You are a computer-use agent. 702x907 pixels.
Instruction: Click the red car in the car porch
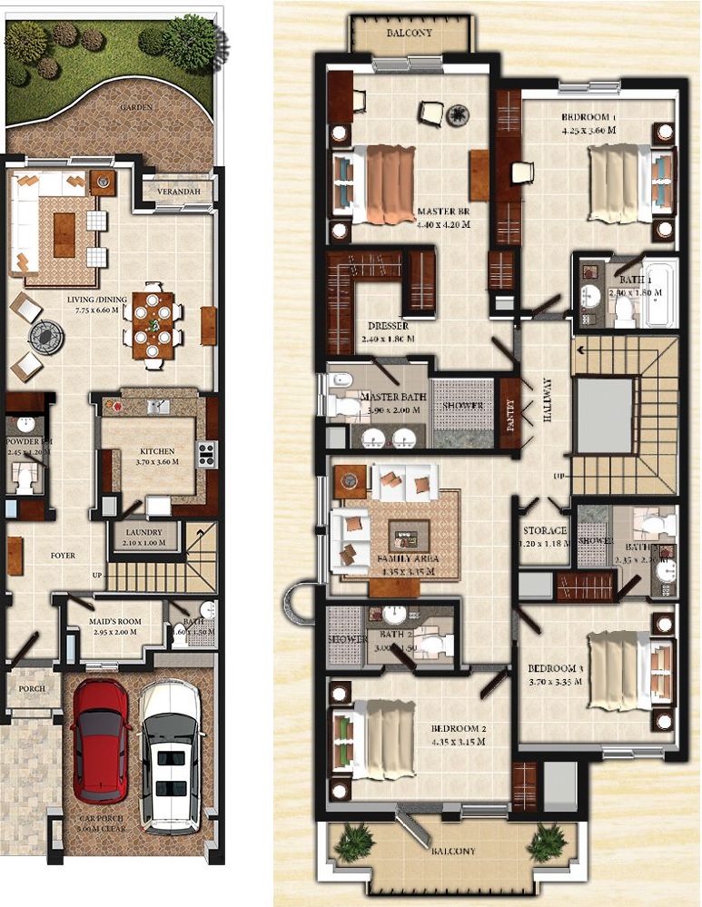pyautogui.click(x=101, y=742)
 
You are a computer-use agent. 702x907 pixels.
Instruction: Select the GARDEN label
pyautogui.click(x=137, y=107)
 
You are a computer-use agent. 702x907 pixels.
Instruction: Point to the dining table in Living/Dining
pyautogui.click(x=152, y=324)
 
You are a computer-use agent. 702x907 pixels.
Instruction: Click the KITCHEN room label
pyautogui.click(x=156, y=450)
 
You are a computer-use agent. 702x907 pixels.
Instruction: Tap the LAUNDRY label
pyautogui.click(x=145, y=532)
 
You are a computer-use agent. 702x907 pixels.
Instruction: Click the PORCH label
pyautogui.click(x=32, y=689)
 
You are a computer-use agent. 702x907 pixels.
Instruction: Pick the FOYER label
pyautogui.click(x=63, y=556)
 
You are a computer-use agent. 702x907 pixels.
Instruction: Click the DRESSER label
pyautogui.click(x=388, y=326)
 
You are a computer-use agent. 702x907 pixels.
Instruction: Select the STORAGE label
pyautogui.click(x=545, y=530)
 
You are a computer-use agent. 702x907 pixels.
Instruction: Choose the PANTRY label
pyautogui.click(x=509, y=413)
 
